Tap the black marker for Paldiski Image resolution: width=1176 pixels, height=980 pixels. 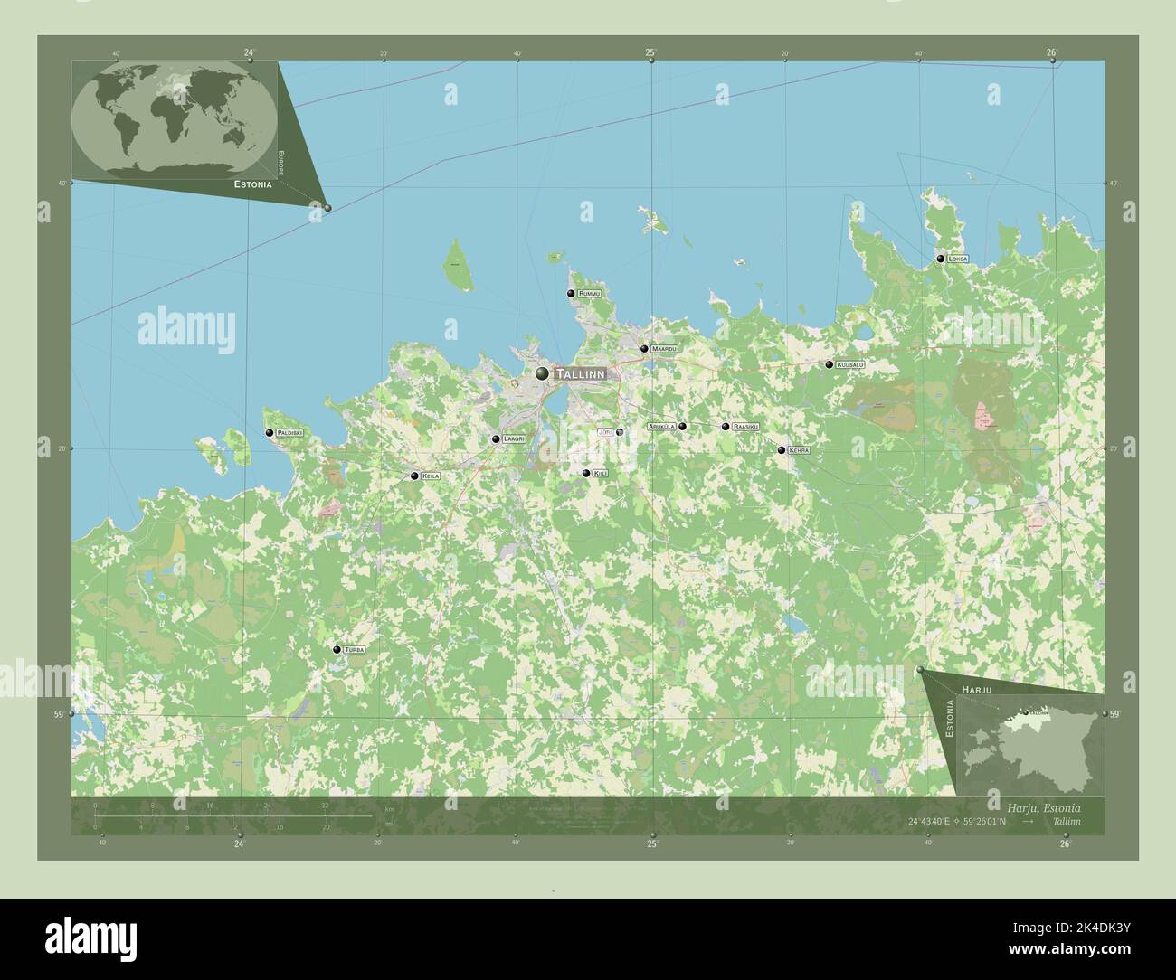click(270, 433)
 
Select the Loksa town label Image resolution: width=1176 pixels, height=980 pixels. click(958, 259)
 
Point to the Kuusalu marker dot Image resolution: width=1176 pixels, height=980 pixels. click(829, 364)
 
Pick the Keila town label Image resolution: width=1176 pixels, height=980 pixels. click(431, 476)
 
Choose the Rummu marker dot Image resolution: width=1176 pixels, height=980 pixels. click(571, 294)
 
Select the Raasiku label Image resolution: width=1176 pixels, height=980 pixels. click(746, 426)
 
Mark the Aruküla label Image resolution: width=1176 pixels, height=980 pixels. click(661, 426)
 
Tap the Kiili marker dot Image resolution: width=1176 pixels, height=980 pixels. click(586, 473)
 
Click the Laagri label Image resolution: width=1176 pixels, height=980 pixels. click(514, 439)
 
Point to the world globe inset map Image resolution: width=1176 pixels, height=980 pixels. click(174, 118)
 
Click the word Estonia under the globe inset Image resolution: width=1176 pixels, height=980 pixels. click(253, 184)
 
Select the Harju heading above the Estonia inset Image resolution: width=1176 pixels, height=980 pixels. click(977, 689)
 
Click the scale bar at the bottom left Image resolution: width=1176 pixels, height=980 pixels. click(232, 815)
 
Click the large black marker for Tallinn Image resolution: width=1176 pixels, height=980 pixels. click(542, 372)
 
